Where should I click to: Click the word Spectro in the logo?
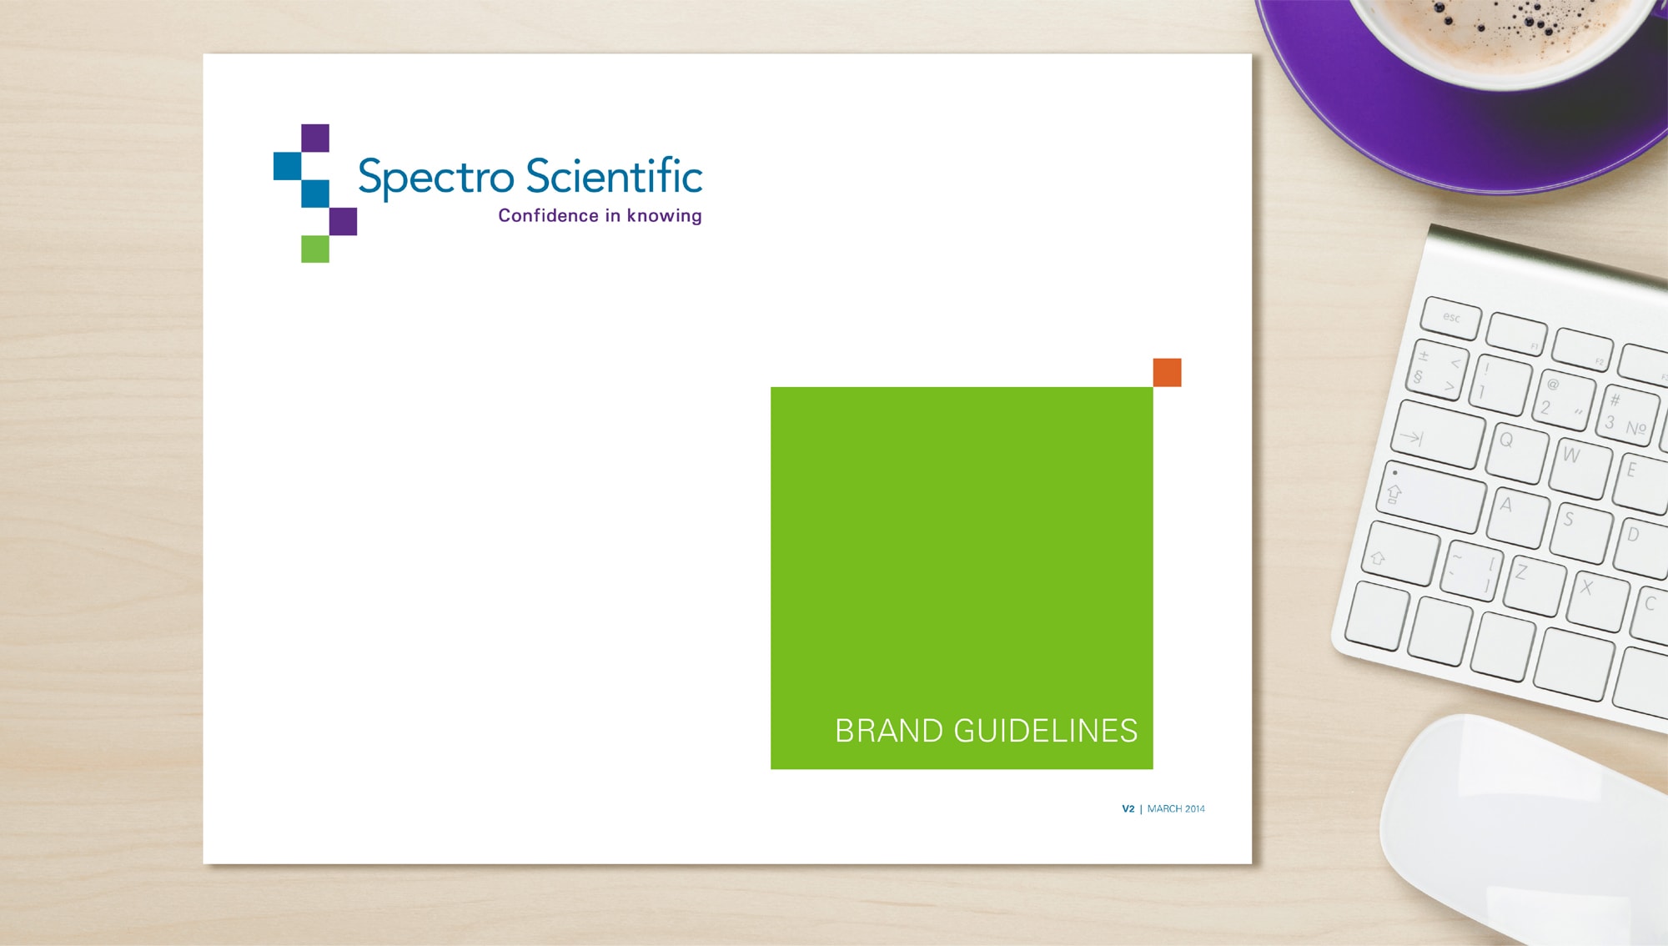pyautogui.click(x=435, y=177)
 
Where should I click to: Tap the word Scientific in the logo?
pyautogui.click(x=615, y=175)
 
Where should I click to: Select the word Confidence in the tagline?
pyautogui.click(x=549, y=215)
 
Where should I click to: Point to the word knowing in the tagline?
pyautogui.click(x=665, y=216)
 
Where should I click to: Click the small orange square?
pyautogui.click(x=1167, y=372)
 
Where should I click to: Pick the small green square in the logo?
pyautogui.click(x=315, y=249)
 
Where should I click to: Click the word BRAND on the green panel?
pyautogui.click(x=889, y=731)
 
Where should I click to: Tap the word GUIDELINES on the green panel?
pyautogui.click(x=1046, y=731)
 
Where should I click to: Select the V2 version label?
pyautogui.click(x=1128, y=808)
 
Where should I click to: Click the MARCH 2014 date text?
pyautogui.click(x=1176, y=808)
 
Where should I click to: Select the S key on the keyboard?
pyautogui.click(x=1580, y=532)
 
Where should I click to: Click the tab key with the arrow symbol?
pyautogui.click(x=1438, y=434)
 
